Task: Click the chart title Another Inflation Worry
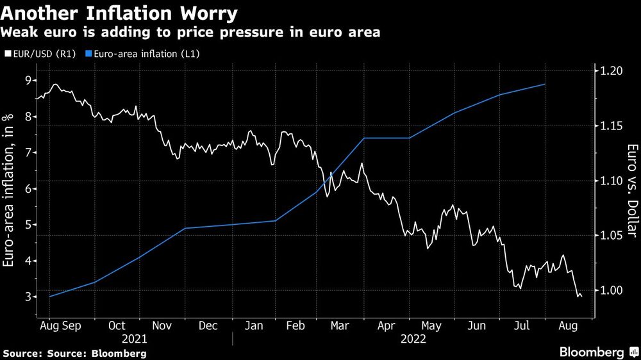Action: pos(120,13)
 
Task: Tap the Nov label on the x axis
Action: pos(163,326)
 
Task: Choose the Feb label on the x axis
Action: pos(294,326)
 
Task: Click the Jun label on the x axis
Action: pos(476,326)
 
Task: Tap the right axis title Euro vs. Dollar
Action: pos(631,186)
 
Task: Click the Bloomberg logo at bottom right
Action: pos(592,352)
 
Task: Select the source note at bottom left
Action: pos(75,353)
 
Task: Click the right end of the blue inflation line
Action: pos(545,85)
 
